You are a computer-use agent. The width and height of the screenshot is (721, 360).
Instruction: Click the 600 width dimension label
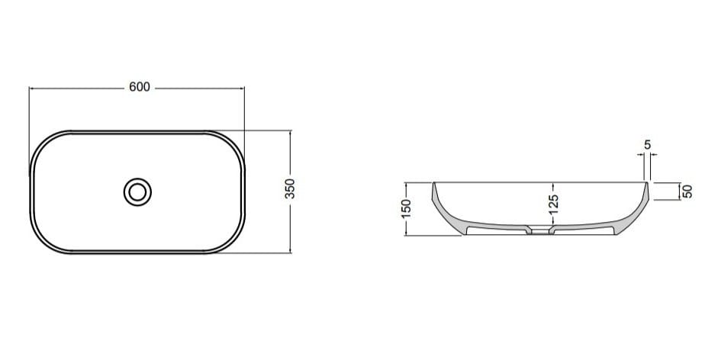pyautogui.click(x=138, y=88)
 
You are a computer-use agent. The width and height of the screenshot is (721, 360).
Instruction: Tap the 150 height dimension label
pyautogui.click(x=406, y=208)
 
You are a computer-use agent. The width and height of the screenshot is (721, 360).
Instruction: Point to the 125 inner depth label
pyautogui.click(x=555, y=202)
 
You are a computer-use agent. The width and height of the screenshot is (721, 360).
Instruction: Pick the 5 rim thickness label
pyautogui.click(x=647, y=144)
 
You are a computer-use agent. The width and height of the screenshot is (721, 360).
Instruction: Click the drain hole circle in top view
pyautogui.click(x=137, y=191)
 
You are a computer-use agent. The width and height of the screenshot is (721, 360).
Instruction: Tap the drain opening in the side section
pyautogui.click(x=540, y=229)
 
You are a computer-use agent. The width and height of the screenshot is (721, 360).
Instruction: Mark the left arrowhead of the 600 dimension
pyautogui.click(x=31, y=88)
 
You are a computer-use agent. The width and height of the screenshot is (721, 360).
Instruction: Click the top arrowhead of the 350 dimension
pyautogui.click(x=290, y=132)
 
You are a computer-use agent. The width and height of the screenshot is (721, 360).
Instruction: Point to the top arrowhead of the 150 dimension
pyautogui.click(x=406, y=184)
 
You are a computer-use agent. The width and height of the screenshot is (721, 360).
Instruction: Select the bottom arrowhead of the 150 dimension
pyautogui.click(x=406, y=234)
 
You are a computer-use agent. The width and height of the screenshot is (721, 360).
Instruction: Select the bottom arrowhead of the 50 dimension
pyautogui.click(x=678, y=198)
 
